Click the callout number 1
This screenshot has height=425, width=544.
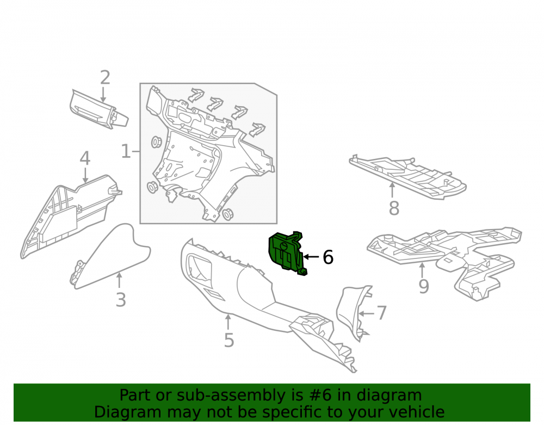126,152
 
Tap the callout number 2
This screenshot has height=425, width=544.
105,77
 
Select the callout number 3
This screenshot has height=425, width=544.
120,300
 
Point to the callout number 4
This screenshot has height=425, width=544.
85,158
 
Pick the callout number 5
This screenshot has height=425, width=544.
229,340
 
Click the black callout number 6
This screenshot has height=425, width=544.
328,257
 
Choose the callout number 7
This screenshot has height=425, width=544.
382,313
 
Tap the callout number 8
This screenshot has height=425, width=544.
394,208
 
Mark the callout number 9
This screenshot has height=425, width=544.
424,286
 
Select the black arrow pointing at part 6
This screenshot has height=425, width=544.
311,257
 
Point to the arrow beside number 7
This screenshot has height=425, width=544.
366,313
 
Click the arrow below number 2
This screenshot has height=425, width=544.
103,95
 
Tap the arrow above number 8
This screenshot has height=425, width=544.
392,190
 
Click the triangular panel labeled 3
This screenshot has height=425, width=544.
110,257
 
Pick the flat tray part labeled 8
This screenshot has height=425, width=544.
407,176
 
